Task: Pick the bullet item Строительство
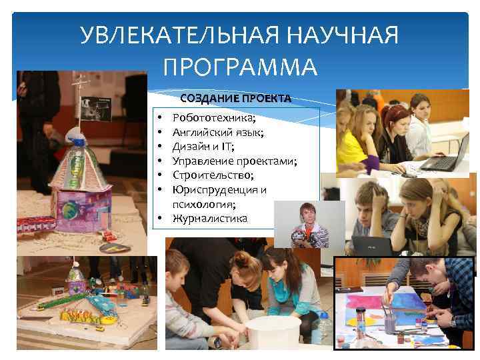pos(213,175)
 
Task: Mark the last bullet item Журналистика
pos(209,218)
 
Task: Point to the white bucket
pos(273,333)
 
